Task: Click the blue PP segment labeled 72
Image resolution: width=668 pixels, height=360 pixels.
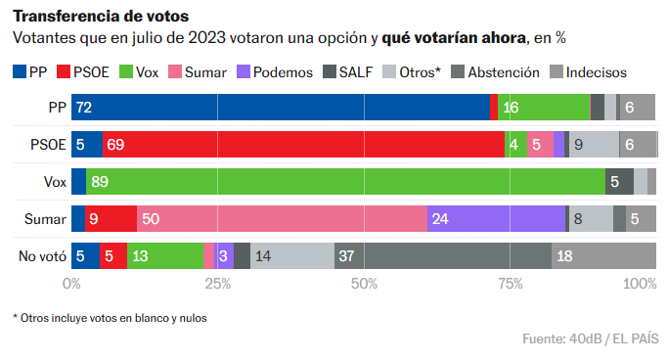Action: (x=281, y=108)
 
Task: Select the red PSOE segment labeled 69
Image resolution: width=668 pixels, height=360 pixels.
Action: (x=303, y=145)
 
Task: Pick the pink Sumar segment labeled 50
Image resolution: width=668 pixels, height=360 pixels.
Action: (x=283, y=219)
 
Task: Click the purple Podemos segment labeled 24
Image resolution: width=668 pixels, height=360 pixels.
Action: (x=496, y=219)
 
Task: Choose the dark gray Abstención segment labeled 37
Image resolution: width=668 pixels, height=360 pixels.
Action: (x=443, y=256)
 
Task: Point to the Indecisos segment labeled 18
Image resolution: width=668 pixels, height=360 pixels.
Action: (x=603, y=256)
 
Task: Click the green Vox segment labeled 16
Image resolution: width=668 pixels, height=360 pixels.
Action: (x=544, y=108)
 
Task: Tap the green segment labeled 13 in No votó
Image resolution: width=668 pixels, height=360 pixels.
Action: (x=164, y=256)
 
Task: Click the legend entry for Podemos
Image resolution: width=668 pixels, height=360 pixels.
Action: (x=275, y=71)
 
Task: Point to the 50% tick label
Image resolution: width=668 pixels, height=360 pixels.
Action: (x=364, y=284)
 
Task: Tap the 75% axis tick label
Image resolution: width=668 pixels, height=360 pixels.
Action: (x=510, y=284)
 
